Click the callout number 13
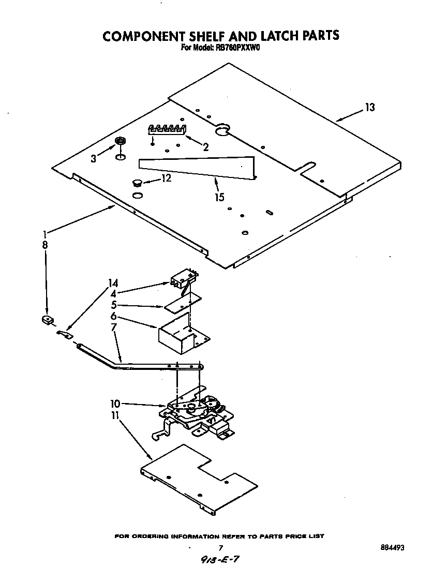pos(369,108)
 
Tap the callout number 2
pos(205,147)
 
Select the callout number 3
pos(93,159)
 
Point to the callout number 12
pos(166,179)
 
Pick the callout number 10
pos(115,403)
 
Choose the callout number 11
pos(115,416)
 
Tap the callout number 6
pos(113,316)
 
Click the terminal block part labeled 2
pos(167,129)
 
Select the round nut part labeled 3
pos(121,141)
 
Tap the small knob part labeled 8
pos(47,321)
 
